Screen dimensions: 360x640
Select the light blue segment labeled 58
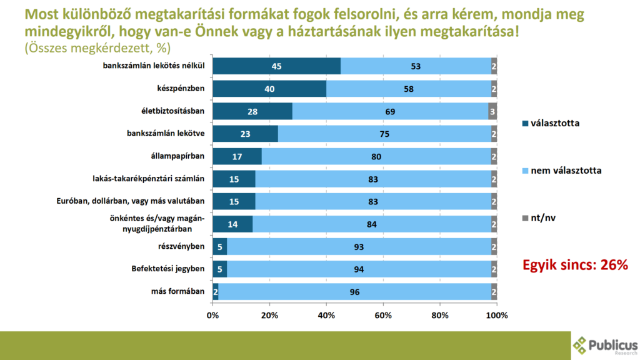point(408,89)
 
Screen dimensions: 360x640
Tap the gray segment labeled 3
point(492,112)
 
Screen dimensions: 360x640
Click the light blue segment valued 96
point(354,291)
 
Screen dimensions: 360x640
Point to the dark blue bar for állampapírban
point(237,156)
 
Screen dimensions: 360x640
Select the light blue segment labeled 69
point(390,112)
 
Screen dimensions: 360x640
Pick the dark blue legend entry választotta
point(554,123)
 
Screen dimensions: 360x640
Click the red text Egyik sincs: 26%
point(574,265)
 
